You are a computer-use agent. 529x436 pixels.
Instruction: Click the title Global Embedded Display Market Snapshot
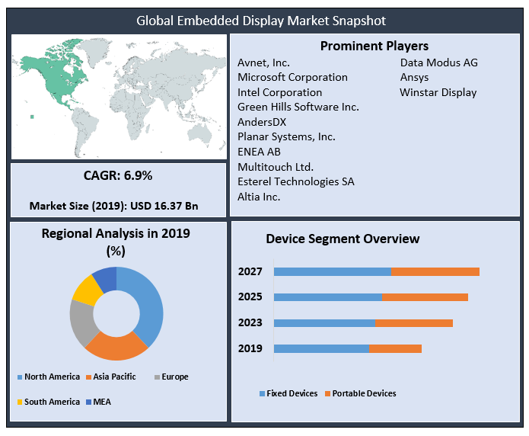261,21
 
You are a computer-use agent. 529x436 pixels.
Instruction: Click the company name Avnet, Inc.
263,63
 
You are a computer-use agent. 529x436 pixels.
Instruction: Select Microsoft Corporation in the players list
292,77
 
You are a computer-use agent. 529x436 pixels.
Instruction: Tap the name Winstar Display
438,92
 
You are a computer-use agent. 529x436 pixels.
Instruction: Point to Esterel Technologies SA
295,181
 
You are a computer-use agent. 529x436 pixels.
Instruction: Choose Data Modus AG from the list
438,63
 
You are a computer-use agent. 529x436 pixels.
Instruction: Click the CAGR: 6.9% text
118,175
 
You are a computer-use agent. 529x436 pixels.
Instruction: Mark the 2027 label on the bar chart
250,271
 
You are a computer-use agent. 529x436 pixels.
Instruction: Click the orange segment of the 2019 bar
395,348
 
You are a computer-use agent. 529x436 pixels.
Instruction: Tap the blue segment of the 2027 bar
332,271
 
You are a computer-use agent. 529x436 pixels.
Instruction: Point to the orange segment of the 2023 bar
414,322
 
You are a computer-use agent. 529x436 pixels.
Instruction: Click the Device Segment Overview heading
343,239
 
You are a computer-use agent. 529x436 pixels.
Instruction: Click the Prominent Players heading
374,46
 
